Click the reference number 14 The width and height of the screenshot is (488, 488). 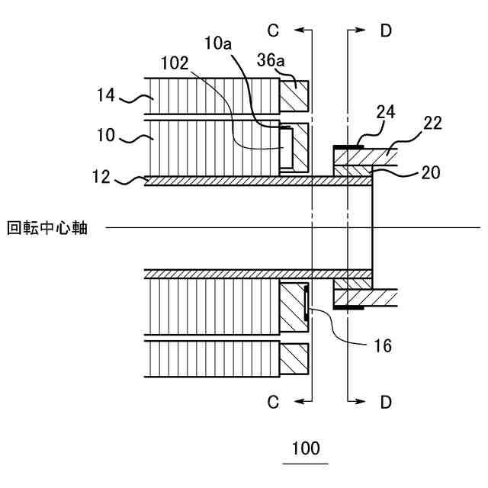107,95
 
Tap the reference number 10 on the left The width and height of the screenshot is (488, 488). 106,136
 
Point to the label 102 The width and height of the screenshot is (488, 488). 175,64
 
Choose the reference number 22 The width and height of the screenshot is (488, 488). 432,124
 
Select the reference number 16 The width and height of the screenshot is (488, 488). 384,345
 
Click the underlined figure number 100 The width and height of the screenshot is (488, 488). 306,448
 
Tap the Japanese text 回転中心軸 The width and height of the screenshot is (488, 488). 47,227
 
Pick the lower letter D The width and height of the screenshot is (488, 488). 386,401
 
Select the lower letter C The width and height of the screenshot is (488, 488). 274,401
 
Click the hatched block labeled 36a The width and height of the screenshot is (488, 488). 294,95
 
